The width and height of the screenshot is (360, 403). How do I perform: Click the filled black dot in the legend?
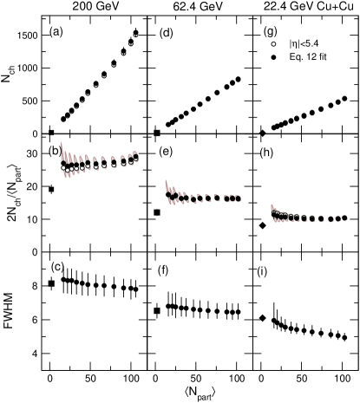[273, 57]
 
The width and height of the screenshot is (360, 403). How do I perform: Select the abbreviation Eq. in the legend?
[296, 57]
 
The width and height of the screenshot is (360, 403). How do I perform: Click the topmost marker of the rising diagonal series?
[135, 36]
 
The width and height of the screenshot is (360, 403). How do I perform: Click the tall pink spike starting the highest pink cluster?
[62, 149]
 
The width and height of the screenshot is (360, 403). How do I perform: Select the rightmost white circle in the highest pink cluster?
[135, 159]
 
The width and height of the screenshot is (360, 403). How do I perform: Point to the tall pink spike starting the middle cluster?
[167, 186]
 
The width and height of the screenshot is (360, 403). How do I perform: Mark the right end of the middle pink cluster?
[239, 198]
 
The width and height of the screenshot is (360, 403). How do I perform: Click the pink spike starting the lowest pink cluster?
[272, 208]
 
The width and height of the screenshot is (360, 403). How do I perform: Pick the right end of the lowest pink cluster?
[346, 218]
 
